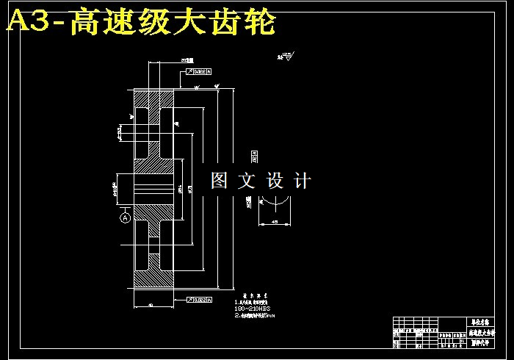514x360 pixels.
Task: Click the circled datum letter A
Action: pyautogui.click(x=125, y=217)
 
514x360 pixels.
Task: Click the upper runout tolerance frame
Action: pyautogui.click(x=199, y=72)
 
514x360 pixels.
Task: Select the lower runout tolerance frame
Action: pyautogui.click(x=199, y=300)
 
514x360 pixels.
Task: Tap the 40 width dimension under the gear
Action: pyautogui.click(x=150, y=304)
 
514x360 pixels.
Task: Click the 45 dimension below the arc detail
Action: pyautogui.click(x=275, y=221)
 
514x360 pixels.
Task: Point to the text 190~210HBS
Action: pyautogui.click(x=253, y=309)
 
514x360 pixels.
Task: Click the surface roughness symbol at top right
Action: pyautogui.click(x=284, y=55)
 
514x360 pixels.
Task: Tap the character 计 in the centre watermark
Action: pyautogui.click(x=303, y=180)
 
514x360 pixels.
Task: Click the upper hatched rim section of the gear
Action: pyautogui.click(x=153, y=97)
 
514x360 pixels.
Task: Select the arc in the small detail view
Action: pyautogui.click(x=275, y=200)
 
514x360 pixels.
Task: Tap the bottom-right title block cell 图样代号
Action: pyautogui.click(x=482, y=342)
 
